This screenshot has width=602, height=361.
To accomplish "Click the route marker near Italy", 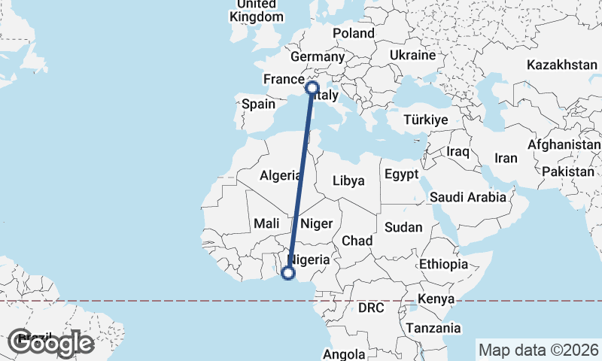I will [312, 88].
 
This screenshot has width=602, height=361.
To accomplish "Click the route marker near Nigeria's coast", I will [287, 274].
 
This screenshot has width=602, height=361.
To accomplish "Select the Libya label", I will [348, 180].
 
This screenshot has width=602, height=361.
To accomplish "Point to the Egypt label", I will [400, 174].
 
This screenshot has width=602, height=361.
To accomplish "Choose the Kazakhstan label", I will [561, 65].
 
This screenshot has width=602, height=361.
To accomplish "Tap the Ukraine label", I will [413, 55].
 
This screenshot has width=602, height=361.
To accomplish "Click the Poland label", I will [354, 33].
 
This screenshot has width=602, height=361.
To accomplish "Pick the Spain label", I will [258, 105].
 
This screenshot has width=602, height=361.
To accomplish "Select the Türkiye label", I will [426, 120].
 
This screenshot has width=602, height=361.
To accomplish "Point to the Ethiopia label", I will [444, 264].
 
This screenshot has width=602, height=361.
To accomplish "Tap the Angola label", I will [344, 353].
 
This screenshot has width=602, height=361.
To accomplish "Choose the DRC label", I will [371, 308].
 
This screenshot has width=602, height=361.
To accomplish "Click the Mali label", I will [267, 223].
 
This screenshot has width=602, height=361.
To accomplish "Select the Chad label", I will [357, 240].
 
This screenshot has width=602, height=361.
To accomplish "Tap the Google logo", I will [50, 343].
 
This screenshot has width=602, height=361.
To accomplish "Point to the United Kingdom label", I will [257, 11].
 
